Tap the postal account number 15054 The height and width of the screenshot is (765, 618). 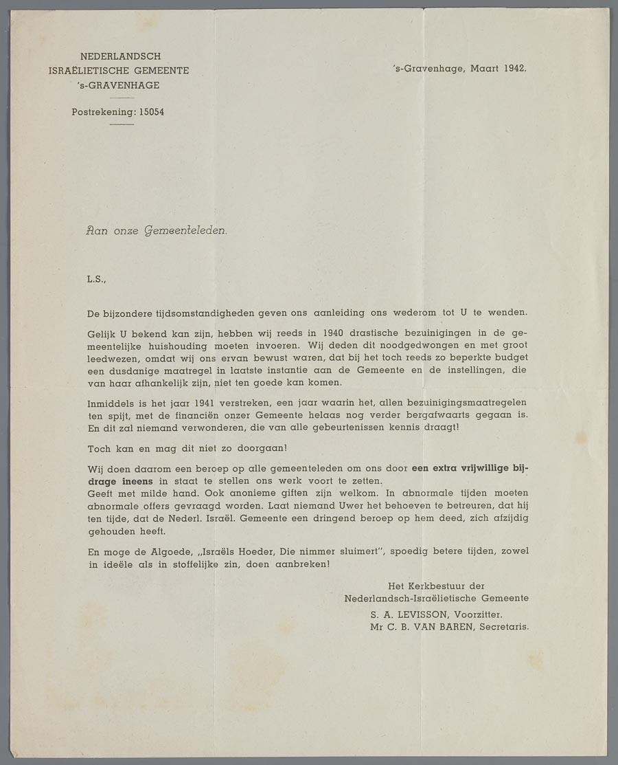(x=151, y=112)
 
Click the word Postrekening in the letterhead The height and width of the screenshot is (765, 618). (x=103, y=112)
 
